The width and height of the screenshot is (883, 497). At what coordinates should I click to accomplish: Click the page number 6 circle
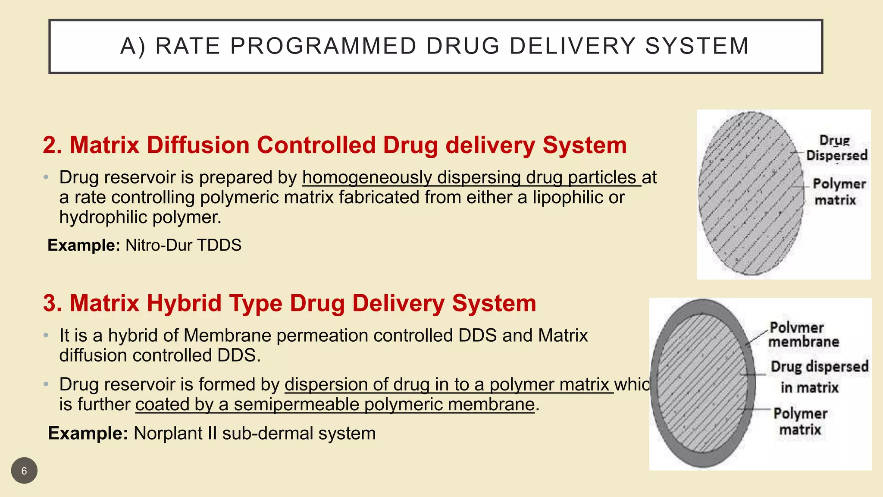pos(24,470)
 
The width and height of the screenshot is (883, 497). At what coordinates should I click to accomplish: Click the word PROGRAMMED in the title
pos(323,46)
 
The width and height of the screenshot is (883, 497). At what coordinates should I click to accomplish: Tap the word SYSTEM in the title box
pos(697,46)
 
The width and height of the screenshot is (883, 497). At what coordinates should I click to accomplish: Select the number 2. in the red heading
pos(53,145)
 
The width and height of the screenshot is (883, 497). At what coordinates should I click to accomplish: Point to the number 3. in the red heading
pos(53,303)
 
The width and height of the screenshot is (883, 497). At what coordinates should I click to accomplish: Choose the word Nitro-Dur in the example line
pos(158,245)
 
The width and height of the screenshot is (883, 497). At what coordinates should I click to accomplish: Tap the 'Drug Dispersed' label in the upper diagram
pos(836,148)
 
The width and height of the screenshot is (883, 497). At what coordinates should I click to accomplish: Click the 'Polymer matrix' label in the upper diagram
pos(838,192)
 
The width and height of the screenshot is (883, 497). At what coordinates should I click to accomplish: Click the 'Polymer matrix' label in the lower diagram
pos(800,421)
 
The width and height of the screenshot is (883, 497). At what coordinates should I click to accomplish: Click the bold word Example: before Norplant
pos(88,433)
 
